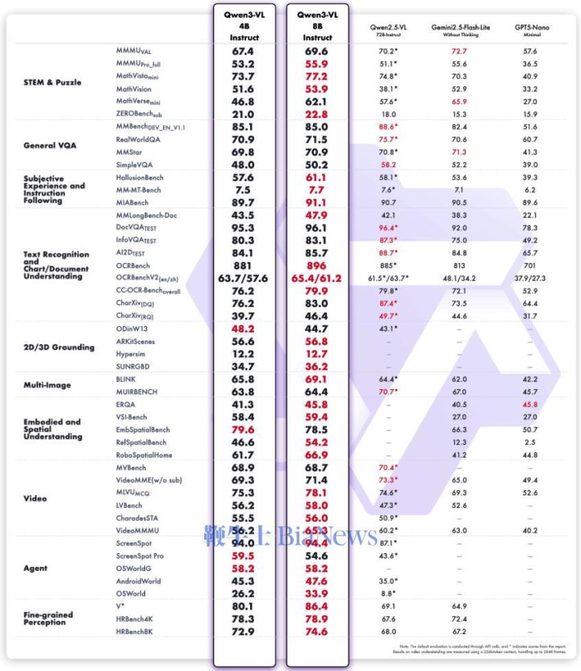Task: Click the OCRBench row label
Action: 133,265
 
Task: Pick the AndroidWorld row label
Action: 139,581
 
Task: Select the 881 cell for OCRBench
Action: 244,265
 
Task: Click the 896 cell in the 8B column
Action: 317,265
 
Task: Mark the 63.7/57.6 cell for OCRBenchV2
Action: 244,277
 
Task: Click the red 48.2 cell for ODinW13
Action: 244,329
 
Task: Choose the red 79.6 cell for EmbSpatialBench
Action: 244,430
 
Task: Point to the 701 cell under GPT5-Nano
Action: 529,265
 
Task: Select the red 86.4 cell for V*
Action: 317,605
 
